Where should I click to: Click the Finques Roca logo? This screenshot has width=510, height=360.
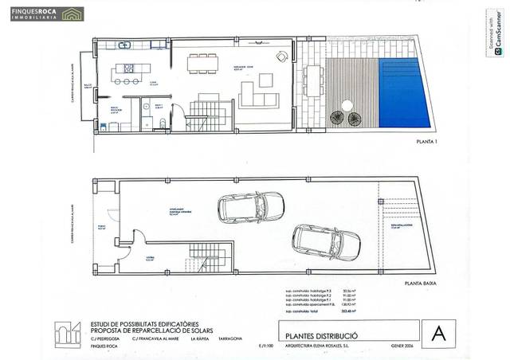coord(46,14)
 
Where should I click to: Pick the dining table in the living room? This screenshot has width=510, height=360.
coord(202,63)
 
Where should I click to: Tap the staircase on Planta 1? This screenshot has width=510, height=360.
coord(209,115)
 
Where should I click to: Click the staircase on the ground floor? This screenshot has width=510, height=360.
coord(209,256)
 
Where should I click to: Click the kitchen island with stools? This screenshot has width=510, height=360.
coord(125,69)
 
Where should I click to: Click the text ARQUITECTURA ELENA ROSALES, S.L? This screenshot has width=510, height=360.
coord(321,346)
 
